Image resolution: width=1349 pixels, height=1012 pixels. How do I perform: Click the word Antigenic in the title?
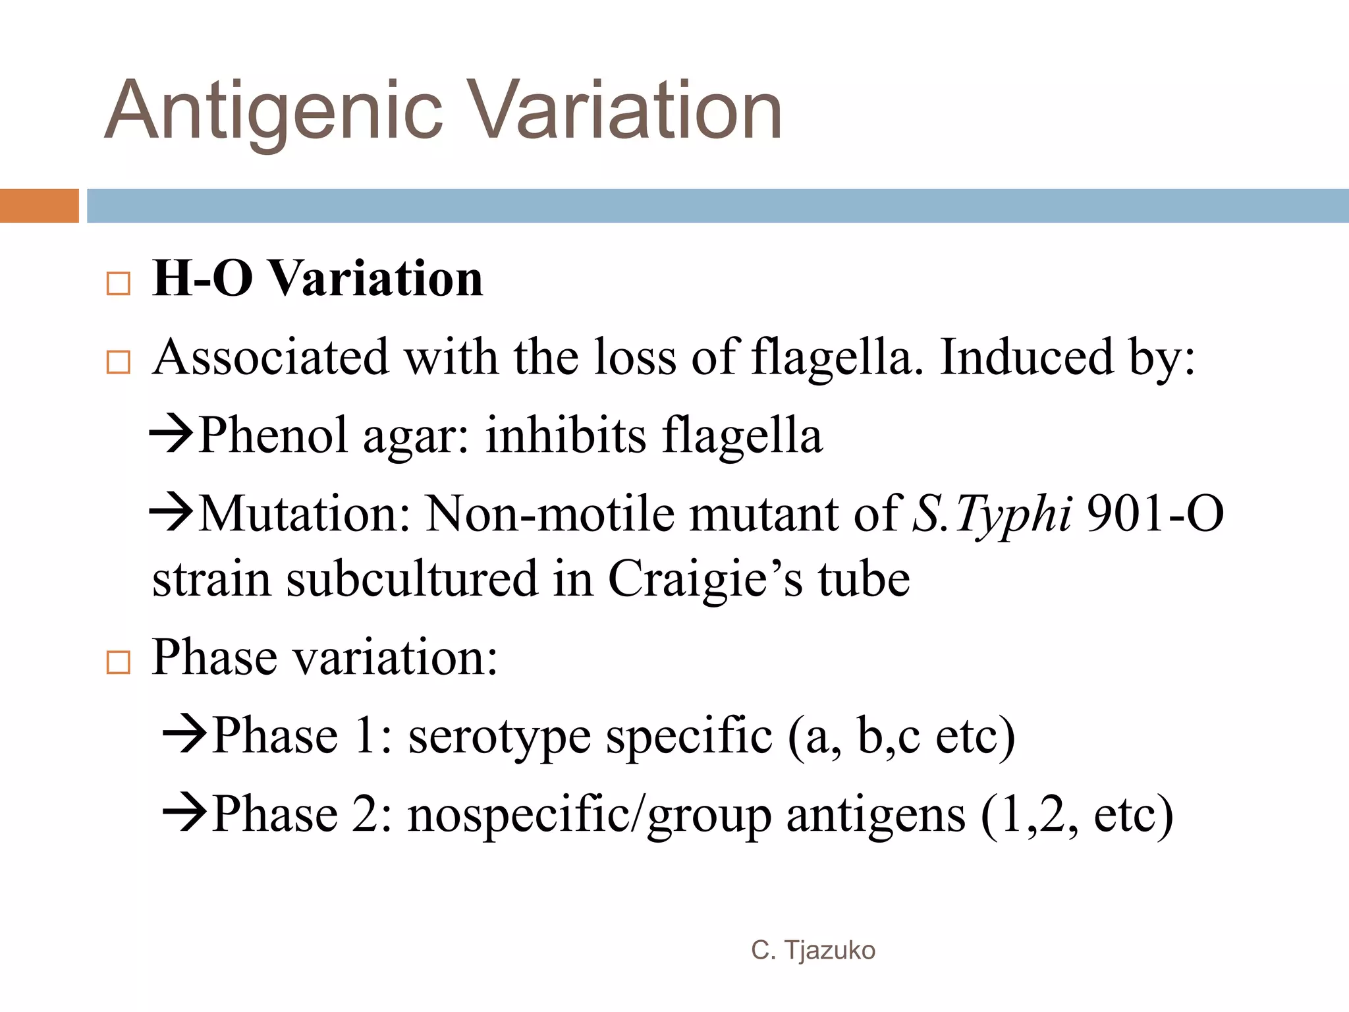coord(273,111)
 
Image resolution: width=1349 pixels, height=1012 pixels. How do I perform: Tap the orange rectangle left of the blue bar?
coord(39,206)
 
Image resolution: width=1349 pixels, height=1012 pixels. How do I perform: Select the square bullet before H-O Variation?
coord(119,284)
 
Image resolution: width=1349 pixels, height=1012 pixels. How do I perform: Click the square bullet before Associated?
coord(119,362)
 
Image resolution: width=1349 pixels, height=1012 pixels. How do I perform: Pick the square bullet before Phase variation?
coord(119,662)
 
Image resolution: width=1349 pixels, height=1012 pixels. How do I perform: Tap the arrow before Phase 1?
coord(185,735)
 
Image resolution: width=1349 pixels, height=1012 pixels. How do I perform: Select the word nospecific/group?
coord(590,816)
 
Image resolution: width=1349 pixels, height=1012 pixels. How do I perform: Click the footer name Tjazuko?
coord(829,951)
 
